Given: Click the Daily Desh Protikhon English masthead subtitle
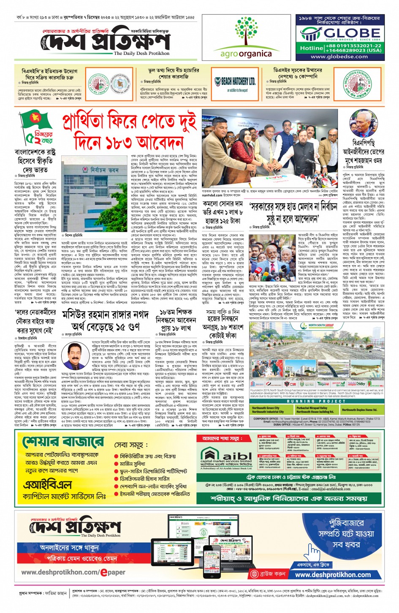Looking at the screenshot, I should [141, 54].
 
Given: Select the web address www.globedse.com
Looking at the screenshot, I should [339, 57].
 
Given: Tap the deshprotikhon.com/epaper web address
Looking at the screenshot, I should [73, 572].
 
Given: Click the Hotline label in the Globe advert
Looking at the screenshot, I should [312, 48].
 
